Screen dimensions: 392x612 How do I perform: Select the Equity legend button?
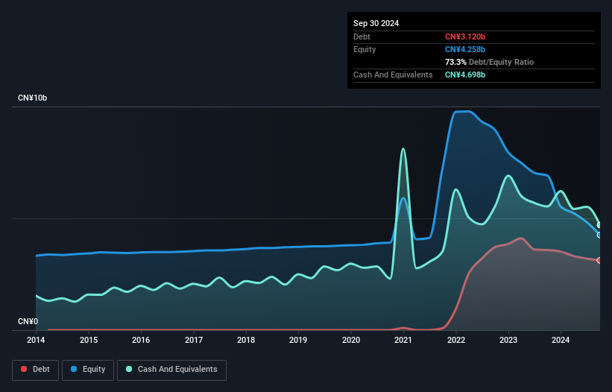pos(89,369)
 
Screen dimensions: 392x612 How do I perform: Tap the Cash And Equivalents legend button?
pos(171,369)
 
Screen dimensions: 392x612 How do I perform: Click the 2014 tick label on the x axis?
pos(36,341)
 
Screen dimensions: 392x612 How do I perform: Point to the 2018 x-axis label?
pos(246,341)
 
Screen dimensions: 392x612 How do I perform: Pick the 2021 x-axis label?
pos(403,341)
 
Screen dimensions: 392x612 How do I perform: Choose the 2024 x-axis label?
pos(561,341)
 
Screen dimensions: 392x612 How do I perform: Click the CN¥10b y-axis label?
pos(33,98)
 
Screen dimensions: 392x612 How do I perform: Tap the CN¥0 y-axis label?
pos(28,322)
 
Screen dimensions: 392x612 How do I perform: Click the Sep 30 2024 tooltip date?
pos(376,23)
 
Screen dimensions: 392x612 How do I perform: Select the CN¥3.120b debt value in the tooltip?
pos(465,37)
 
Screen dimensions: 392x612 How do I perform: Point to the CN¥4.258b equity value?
pos(465,49)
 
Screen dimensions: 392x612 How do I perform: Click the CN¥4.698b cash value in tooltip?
pos(465,75)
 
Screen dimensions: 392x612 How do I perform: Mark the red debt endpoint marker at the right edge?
pos(599,260)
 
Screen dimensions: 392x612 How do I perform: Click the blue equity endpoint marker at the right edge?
pos(599,235)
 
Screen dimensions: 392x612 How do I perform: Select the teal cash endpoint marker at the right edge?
pos(599,225)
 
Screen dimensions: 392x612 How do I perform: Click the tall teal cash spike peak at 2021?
pos(403,148)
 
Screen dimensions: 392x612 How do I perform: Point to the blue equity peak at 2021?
pos(403,197)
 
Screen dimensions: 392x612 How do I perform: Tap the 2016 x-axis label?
pos(141,341)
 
